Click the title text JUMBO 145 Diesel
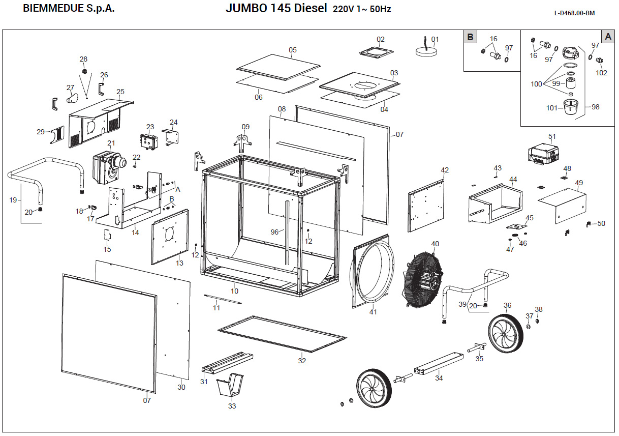click(276, 10)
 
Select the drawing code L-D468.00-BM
click(574, 13)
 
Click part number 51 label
click(552, 136)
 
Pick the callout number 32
click(302, 361)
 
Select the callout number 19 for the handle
click(13, 200)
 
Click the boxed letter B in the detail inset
click(471, 37)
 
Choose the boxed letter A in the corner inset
click(608, 37)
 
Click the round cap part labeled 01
click(426, 51)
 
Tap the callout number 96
click(274, 232)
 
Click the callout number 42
click(445, 170)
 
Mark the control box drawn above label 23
click(149, 142)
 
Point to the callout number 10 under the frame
click(234, 291)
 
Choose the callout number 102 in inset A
click(601, 73)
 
